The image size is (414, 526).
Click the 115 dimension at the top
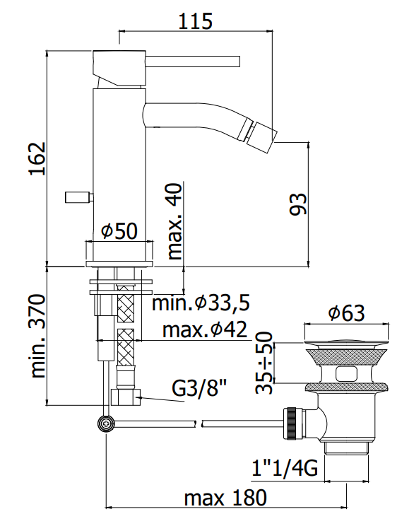click(195, 21)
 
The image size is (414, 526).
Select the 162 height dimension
click(37, 158)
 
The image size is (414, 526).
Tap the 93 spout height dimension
click(297, 204)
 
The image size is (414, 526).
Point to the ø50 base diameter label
click(119, 230)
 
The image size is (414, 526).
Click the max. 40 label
click(175, 221)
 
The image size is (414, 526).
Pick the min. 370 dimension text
click(37, 336)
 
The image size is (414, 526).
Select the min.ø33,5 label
click(201, 303)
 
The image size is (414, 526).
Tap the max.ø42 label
click(205, 329)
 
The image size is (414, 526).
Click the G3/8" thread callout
click(199, 388)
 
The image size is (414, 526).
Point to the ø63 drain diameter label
click(346, 313)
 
